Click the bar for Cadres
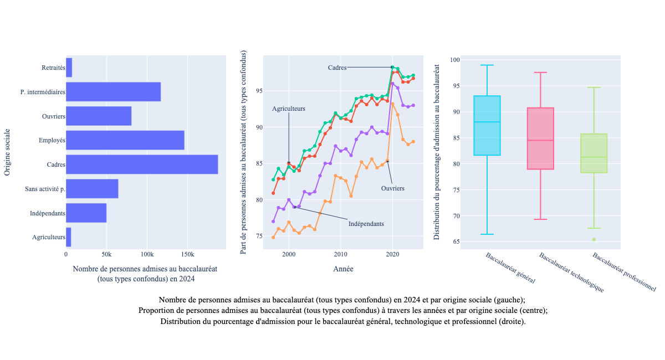pyautogui.click(x=142, y=164)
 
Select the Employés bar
pyautogui.click(x=125, y=140)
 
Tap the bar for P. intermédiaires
pyautogui.click(x=113, y=92)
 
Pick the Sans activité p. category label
pyautogui.click(x=45, y=189)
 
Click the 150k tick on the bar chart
pyautogui.click(x=187, y=254)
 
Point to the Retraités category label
pyautogui.click(x=53, y=68)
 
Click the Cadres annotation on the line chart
pyautogui.click(x=337, y=68)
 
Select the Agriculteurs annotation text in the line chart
pyautogui.click(x=288, y=109)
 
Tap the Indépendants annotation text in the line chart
pyautogui.click(x=366, y=224)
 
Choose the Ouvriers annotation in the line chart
pyautogui.click(x=392, y=188)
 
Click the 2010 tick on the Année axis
pyautogui.click(x=340, y=254)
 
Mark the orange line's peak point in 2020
pyautogui.click(x=392, y=104)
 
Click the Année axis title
pyautogui.click(x=343, y=269)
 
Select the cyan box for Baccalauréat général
pyautogui.click(x=487, y=126)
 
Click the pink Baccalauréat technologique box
pyautogui.click(x=540, y=138)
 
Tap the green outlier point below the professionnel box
pyautogui.click(x=594, y=239)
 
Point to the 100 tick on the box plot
pyautogui.click(x=454, y=60)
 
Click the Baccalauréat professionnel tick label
pyautogui.click(x=623, y=272)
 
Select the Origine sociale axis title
pyautogui.click(x=7, y=152)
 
